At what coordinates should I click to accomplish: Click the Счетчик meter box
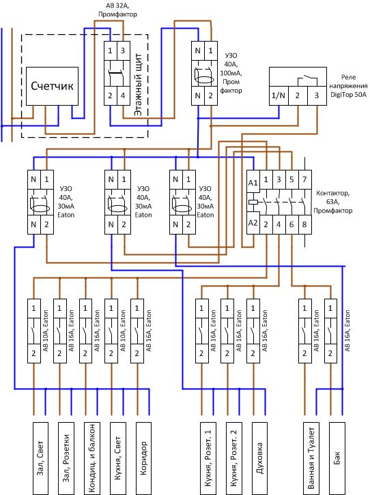pyautogui.click(x=52, y=86)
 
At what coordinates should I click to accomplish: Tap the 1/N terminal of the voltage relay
pyautogui.click(x=279, y=95)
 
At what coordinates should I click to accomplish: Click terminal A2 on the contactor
pyautogui.click(x=253, y=223)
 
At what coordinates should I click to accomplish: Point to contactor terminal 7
pyautogui.click(x=304, y=179)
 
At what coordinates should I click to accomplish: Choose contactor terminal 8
pyautogui.click(x=304, y=224)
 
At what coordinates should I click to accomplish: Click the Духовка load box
pyautogui.click(x=259, y=458)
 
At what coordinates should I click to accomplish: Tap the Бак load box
pyautogui.click(x=337, y=458)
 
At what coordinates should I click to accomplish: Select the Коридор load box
pyautogui.click(x=143, y=458)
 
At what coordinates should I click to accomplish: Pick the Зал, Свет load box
pyautogui.click(x=41, y=458)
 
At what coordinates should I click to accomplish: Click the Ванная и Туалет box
pyautogui.click(x=311, y=458)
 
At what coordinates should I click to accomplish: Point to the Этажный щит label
pyautogui.click(x=138, y=85)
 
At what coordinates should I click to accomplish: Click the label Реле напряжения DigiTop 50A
pyautogui.click(x=349, y=86)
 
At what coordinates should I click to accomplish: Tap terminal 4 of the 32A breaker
pyautogui.click(x=124, y=95)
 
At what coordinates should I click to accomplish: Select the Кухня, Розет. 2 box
pyautogui.click(x=234, y=458)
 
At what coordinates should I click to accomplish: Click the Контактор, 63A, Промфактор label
pyautogui.click(x=332, y=202)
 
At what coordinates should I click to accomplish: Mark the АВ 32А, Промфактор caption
pyautogui.click(x=117, y=10)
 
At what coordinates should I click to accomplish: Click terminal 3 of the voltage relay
pyautogui.click(x=317, y=95)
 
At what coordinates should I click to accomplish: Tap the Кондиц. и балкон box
pyautogui.click(x=92, y=458)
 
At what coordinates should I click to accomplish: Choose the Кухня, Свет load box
pyautogui.click(x=118, y=458)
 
